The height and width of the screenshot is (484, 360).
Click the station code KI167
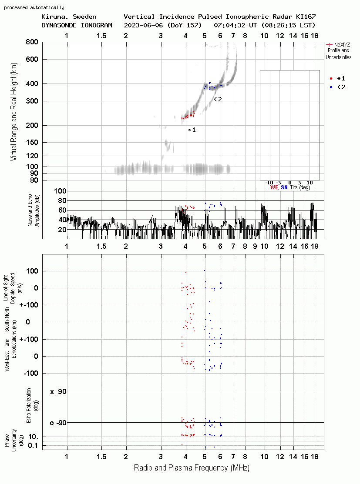click(306, 17)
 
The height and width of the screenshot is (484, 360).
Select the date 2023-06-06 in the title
click(143, 25)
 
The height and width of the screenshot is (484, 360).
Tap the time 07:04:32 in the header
click(229, 25)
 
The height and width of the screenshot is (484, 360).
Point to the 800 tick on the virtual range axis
click(32, 42)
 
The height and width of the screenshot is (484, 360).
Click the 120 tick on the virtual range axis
click(32, 156)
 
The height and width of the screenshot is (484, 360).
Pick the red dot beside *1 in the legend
click(331, 79)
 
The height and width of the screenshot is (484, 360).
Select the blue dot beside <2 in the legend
click(331, 87)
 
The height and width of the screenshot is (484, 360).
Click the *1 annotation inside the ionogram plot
click(192, 130)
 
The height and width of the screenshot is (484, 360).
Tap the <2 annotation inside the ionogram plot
click(218, 100)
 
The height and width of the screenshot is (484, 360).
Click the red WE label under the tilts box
click(274, 187)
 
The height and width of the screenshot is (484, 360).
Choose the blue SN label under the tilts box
click(284, 187)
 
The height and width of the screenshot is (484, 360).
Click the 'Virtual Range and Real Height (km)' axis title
click(13, 112)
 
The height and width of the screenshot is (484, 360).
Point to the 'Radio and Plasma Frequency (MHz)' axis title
click(192, 468)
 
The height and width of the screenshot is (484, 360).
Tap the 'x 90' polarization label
click(58, 392)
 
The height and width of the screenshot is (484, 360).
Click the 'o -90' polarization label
click(58, 423)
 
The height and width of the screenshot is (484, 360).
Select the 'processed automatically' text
click(34, 7)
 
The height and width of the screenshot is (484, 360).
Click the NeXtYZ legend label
click(342, 45)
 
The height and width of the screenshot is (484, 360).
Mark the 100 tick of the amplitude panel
click(60, 191)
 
